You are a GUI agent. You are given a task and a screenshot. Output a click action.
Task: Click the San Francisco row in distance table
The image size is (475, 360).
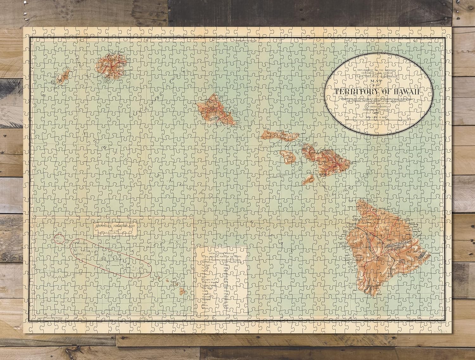[x=209, y=263]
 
